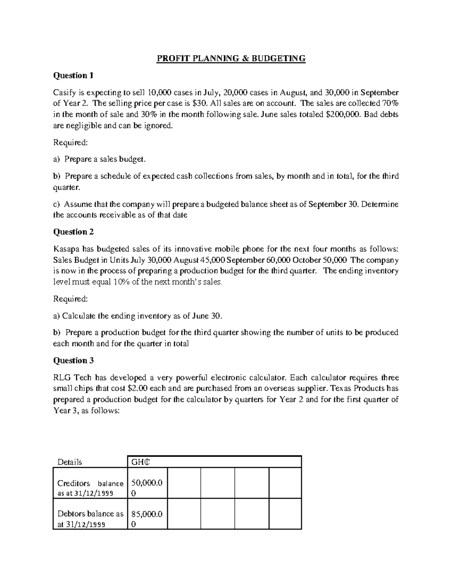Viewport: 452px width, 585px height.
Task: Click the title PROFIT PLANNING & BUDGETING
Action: (x=231, y=58)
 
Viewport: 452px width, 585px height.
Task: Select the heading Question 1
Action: (x=73, y=76)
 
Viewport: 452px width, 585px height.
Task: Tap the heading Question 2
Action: (x=73, y=232)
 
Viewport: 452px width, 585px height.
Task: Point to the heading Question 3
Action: (x=73, y=361)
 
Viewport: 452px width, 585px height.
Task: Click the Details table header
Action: (x=70, y=462)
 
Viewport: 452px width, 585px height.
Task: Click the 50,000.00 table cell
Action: (x=147, y=488)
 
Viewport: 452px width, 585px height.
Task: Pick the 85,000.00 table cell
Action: (x=147, y=519)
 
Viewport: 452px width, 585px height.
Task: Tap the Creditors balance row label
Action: (x=90, y=488)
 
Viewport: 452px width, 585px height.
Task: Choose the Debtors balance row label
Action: (x=90, y=519)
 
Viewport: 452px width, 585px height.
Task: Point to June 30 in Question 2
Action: (x=207, y=316)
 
